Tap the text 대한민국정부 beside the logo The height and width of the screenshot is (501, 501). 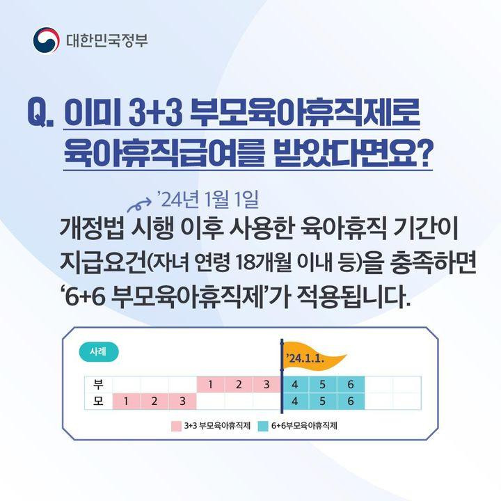pos(107,40)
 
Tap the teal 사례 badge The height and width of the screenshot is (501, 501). pos(100,351)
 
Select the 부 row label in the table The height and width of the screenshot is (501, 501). pos(98,384)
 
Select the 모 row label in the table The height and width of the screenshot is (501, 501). pos(98,401)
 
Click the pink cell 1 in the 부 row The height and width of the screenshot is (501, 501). pos(210,384)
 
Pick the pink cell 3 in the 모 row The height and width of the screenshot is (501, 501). pos(182,401)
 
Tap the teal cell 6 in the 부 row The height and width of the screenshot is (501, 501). pos(351,384)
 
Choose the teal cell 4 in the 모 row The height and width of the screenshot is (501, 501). pos(295,401)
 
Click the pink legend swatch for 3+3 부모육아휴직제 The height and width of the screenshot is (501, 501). pos(176,425)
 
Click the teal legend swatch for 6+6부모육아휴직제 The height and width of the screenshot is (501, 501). pos(262,425)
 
